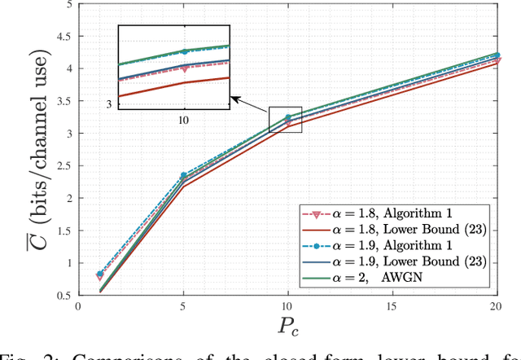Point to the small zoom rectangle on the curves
286,119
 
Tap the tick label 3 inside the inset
107,103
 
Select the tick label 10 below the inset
184,119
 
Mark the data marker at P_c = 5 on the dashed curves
182,175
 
